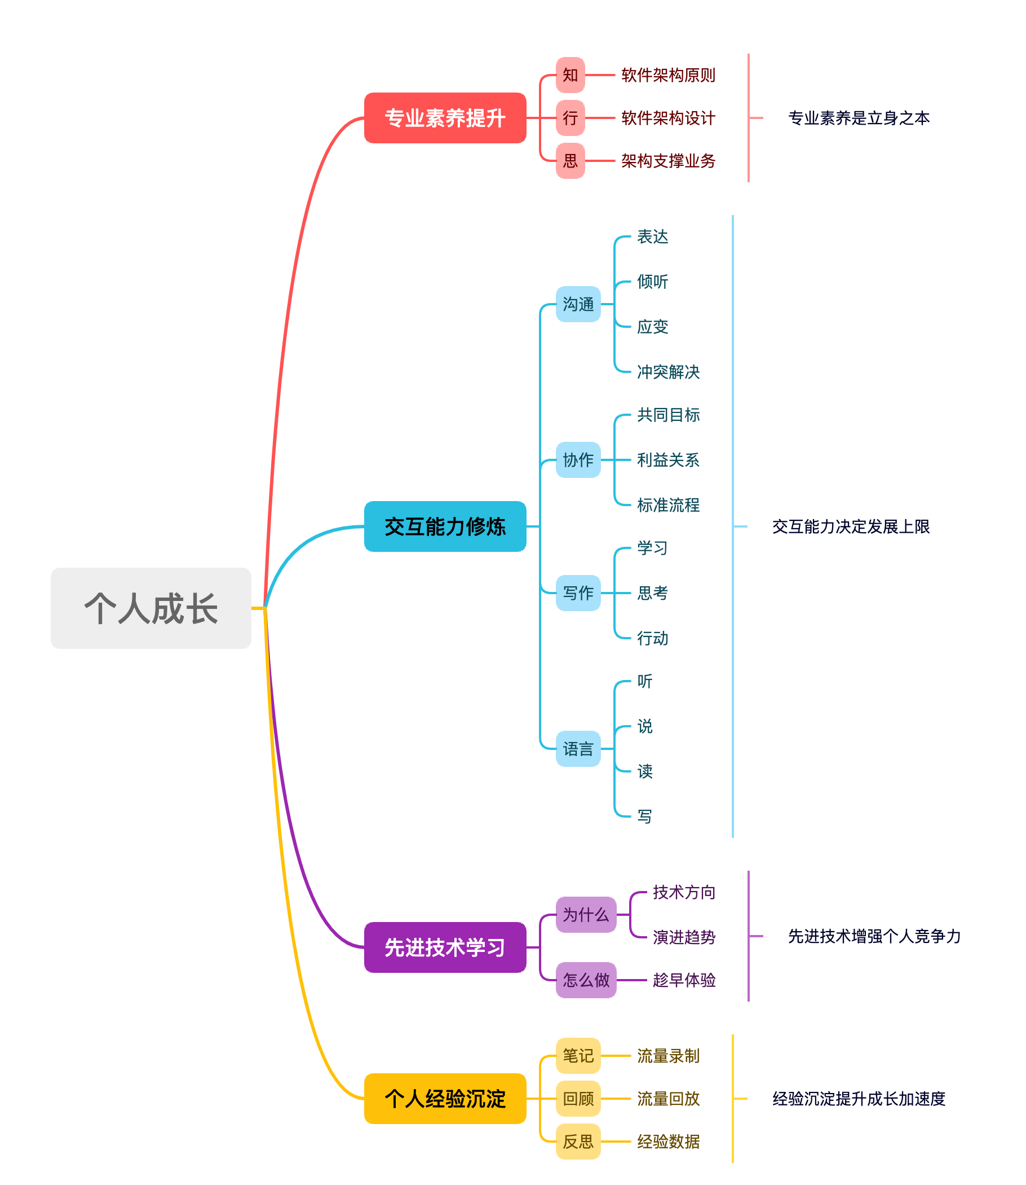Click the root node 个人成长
pos(151,608)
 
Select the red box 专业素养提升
pos(445,118)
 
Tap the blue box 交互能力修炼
pos(445,526)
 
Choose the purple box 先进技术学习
pos(445,947)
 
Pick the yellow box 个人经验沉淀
pos(445,1099)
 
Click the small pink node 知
pos(571,75)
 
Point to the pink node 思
pos(571,161)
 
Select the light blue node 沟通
pos(578,304)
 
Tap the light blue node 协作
pos(578,459)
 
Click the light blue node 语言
pos(578,749)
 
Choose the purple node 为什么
pos(586,915)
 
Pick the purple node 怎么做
pos(586,980)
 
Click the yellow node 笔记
pos(578,1056)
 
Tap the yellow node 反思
pos(578,1142)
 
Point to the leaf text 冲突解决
pos(668,372)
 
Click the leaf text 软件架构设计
pos(668,118)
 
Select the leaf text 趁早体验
pos(684,980)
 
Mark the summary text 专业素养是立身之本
pos(859,118)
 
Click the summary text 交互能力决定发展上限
pos(851,526)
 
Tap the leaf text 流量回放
pos(668,1099)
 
